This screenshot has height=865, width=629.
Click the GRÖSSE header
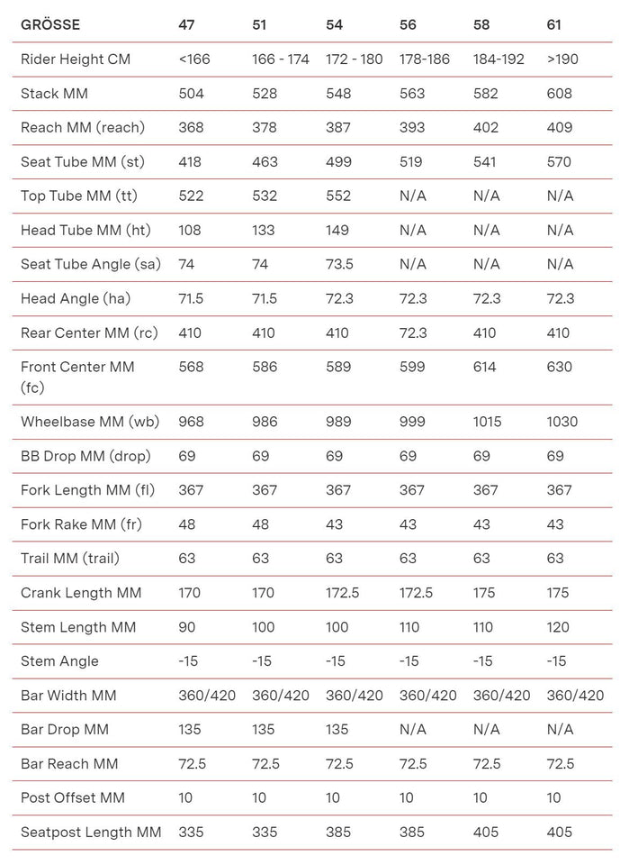tap(49, 24)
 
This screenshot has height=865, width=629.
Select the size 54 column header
tap(334, 24)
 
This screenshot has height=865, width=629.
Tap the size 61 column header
tap(554, 24)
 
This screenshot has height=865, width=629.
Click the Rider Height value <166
tap(193, 59)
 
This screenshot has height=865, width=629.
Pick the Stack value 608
tap(559, 94)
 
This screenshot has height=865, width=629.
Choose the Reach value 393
tap(412, 128)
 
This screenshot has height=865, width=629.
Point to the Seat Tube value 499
tap(338, 162)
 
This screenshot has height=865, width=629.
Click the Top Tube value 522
tap(191, 196)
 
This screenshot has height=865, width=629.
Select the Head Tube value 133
tap(265, 230)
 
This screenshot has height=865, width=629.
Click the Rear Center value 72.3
tap(412, 332)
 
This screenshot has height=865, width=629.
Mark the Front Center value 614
tap(486, 367)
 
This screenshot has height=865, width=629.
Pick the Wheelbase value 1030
tap(562, 422)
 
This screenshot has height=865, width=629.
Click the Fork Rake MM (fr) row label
tap(81, 524)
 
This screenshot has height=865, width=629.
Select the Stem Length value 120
tap(559, 627)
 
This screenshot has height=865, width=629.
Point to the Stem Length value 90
tap(187, 627)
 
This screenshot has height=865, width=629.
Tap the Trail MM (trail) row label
tap(76, 559)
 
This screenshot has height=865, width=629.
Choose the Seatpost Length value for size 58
tap(486, 832)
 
